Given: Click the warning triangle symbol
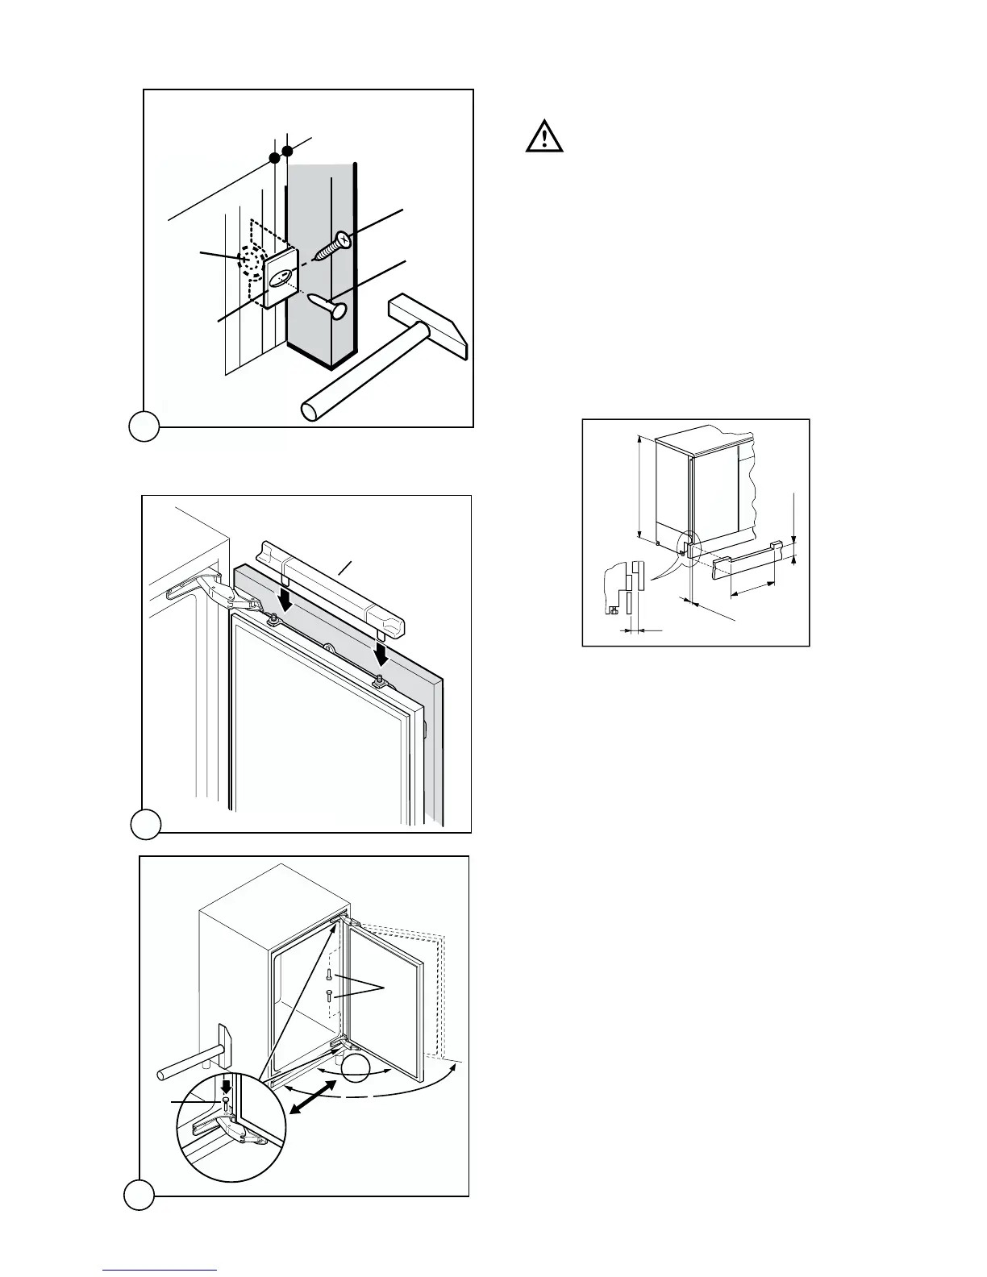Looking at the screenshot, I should coord(545,136).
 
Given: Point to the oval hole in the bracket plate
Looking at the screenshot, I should coord(280,279).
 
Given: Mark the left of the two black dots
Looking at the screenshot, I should coord(274,156).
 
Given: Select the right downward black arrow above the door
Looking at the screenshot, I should coord(381,647).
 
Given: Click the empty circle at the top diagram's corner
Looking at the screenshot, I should coord(144,426).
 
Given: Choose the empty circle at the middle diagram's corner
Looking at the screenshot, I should coord(146,824).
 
